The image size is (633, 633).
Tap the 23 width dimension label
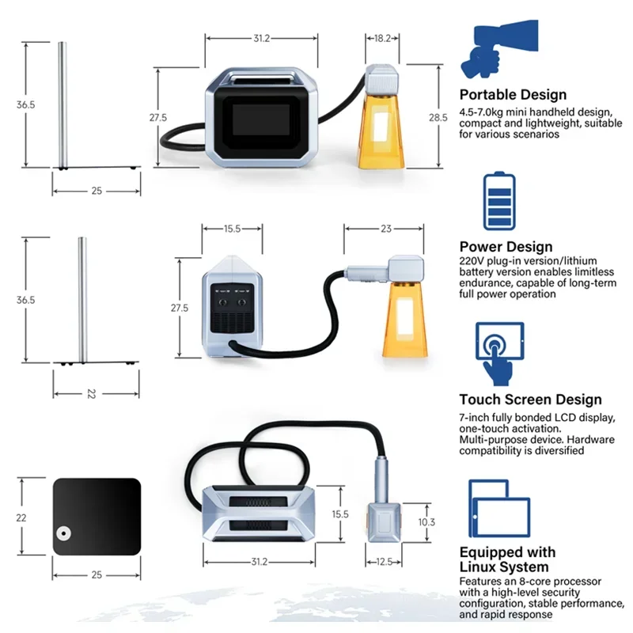[x=385, y=229]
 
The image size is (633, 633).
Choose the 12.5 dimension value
[x=385, y=562]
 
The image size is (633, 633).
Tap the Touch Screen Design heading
[x=530, y=400]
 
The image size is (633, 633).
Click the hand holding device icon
[x=496, y=49]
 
